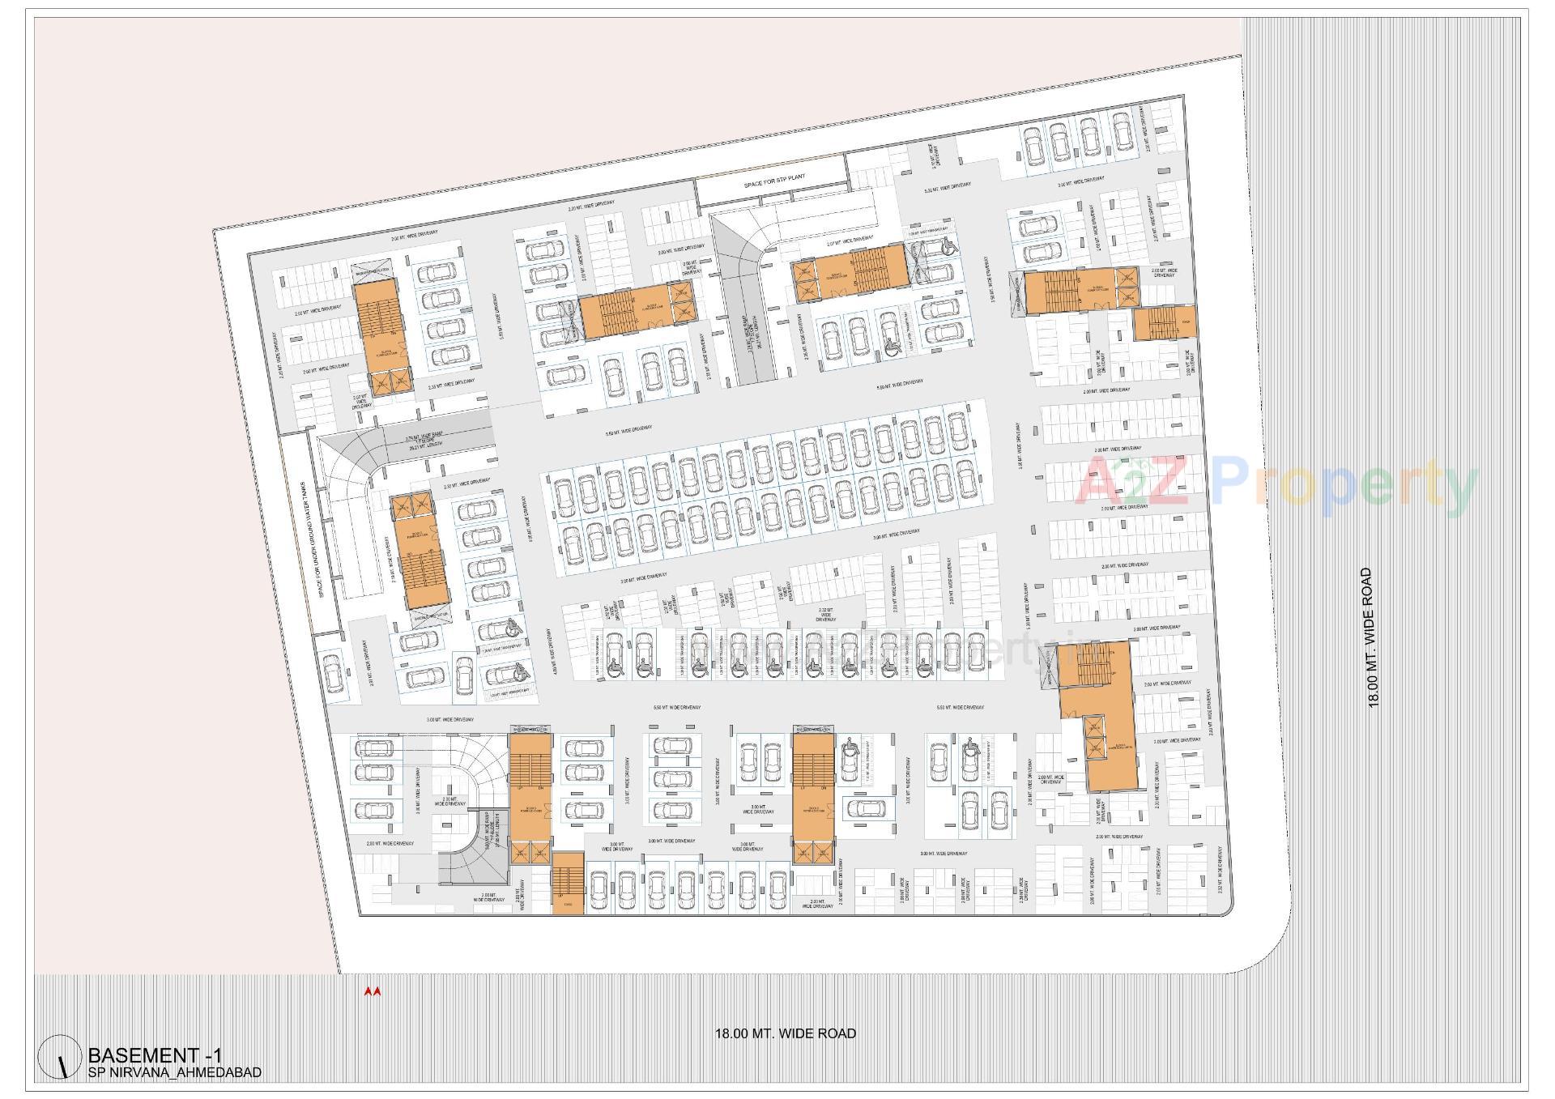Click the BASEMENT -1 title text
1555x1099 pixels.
click(154, 1055)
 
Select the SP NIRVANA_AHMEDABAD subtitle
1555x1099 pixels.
click(174, 1072)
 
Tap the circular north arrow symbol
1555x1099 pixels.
click(60, 1058)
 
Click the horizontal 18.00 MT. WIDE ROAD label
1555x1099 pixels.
click(785, 1033)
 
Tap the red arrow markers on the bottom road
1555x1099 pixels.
click(372, 990)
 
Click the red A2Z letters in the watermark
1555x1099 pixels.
click(1133, 480)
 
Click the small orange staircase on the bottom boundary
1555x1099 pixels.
click(567, 883)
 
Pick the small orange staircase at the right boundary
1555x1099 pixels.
click(1165, 322)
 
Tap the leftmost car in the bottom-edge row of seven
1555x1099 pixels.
click(599, 892)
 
